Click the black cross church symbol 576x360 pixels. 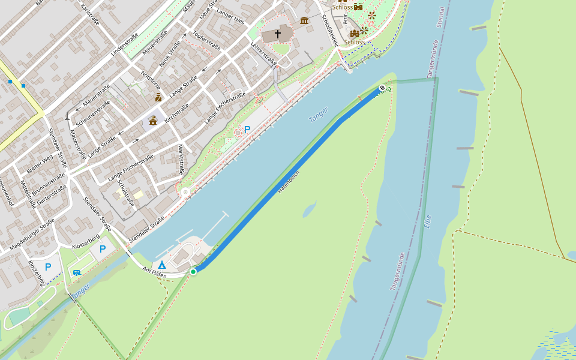click(x=278, y=34)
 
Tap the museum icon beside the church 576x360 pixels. click(x=304, y=21)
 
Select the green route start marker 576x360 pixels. click(x=193, y=272)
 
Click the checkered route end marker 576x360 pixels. click(x=382, y=88)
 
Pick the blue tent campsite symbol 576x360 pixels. click(x=162, y=264)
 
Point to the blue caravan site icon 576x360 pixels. click(x=77, y=272)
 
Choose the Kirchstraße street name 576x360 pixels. click(x=177, y=113)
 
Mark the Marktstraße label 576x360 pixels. click(x=181, y=160)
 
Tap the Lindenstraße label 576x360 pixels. click(x=125, y=46)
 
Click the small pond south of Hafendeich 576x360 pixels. click(x=309, y=209)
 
